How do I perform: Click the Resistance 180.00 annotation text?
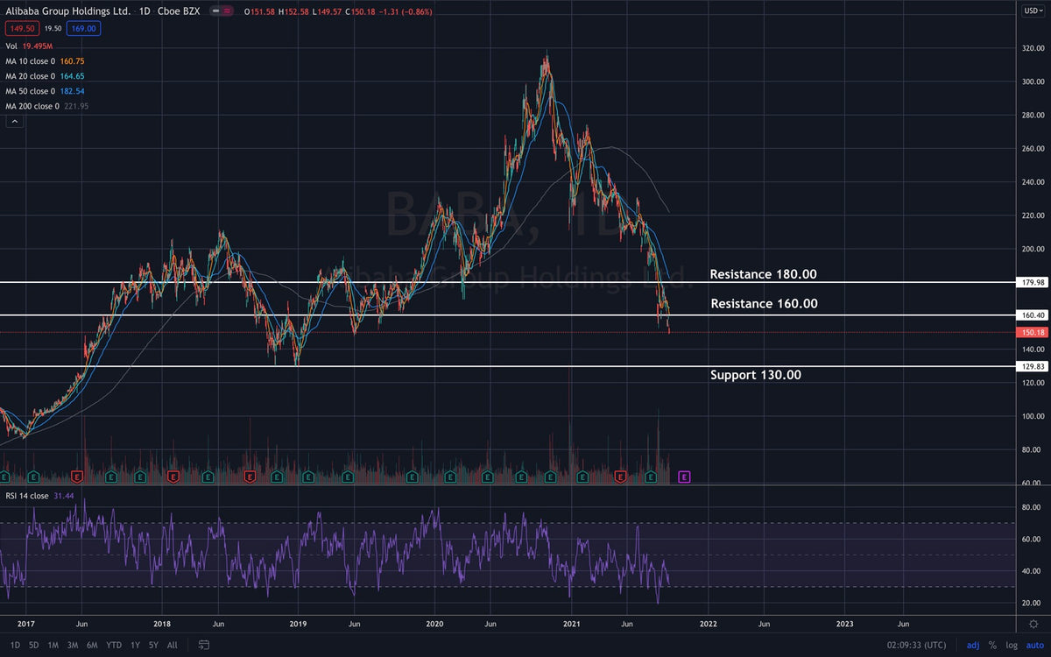tap(763, 274)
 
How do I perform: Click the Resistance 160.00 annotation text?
tap(763, 304)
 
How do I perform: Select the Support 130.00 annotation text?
tap(755, 375)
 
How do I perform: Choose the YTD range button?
tap(114, 645)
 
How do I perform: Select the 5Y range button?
tap(153, 645)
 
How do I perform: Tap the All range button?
tap(173, 645)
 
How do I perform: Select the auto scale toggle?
tap(1034, 645)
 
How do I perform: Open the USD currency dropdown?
tap(1033, 11)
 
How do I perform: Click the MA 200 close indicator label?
tap(33, 106)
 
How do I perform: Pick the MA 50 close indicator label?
tap(32, 91)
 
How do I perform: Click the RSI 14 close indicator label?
tap(27, 496)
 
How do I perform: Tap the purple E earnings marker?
tap(685, 477)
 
